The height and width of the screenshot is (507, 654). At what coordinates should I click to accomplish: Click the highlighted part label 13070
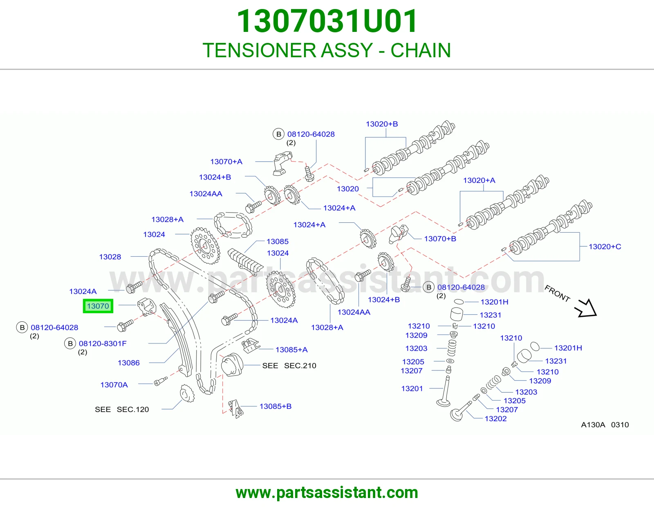(x=98, y=306)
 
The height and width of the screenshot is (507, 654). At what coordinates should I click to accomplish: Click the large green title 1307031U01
(x=327, y=21)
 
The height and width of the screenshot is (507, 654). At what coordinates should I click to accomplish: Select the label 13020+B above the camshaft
(x=382, y=124)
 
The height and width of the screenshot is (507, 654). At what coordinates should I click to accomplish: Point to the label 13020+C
(x=605, y=247)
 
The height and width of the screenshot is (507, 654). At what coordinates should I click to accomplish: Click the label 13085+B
(x=275, y=406)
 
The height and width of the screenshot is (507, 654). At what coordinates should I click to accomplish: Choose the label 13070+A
(x=226, y=162)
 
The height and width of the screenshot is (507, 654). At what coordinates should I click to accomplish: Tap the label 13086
(x=128, y=363)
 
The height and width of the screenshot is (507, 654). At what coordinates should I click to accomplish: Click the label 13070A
(x=114, y=385)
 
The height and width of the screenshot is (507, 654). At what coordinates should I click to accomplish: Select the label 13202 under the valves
(x=495, y=419)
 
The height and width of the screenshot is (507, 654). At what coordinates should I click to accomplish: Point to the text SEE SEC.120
(x=122, y=409)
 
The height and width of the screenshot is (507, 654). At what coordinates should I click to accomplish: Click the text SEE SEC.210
(x=289, y=366)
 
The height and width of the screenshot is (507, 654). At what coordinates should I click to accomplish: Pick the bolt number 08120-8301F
(x=103, y=343)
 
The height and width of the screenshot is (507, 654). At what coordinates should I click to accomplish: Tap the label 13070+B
(x=440, y=239)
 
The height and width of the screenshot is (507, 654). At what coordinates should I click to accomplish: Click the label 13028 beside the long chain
(x=110, y=257)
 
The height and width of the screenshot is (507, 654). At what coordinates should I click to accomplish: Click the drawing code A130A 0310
(x=605, y=425)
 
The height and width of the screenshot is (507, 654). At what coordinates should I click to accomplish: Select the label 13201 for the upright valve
(x=412, y=389)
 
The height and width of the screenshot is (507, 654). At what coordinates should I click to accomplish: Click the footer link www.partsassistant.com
(x=327, y=493)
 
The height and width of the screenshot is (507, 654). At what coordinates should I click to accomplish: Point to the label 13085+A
(x=291, y=350)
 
